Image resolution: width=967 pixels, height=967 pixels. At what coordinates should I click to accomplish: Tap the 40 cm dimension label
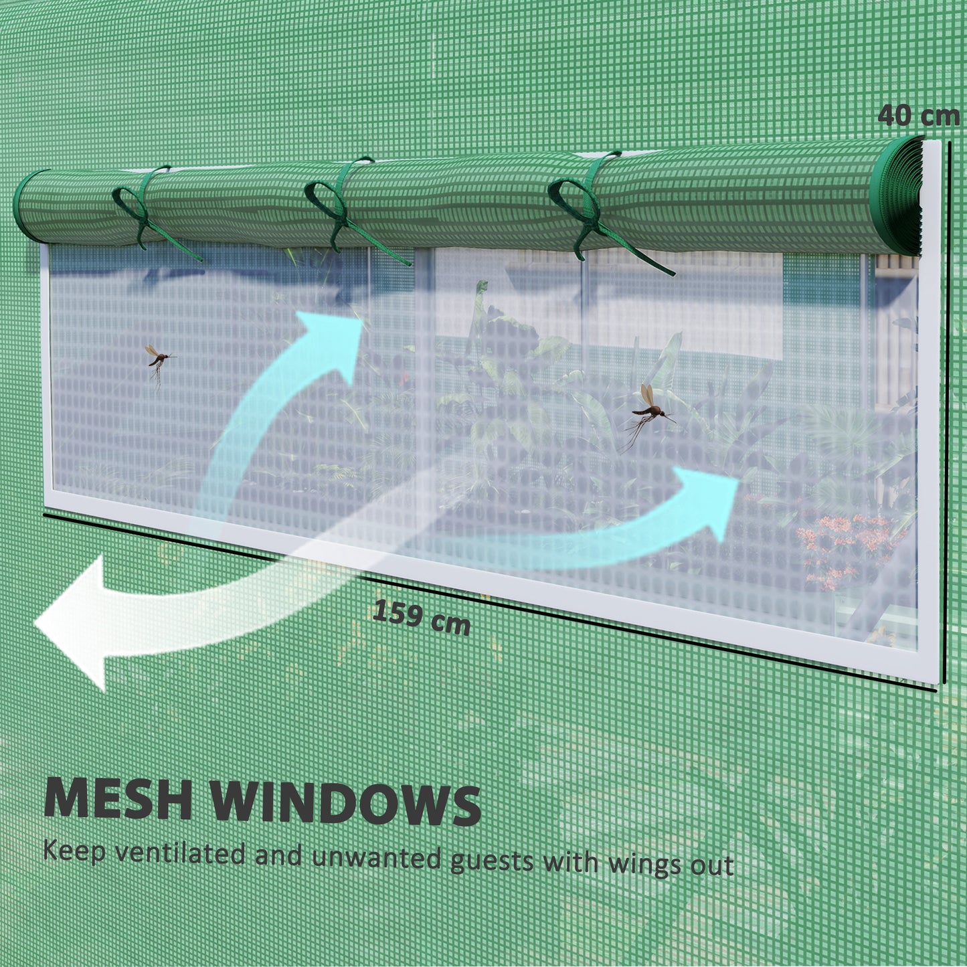pyautogui.click(x=918, y=116)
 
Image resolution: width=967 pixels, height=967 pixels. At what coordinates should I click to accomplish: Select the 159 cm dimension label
pyautogui.click(x=422, y=617)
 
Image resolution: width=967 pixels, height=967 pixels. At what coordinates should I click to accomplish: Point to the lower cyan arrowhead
pyautogui.click(x=707, y=502)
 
